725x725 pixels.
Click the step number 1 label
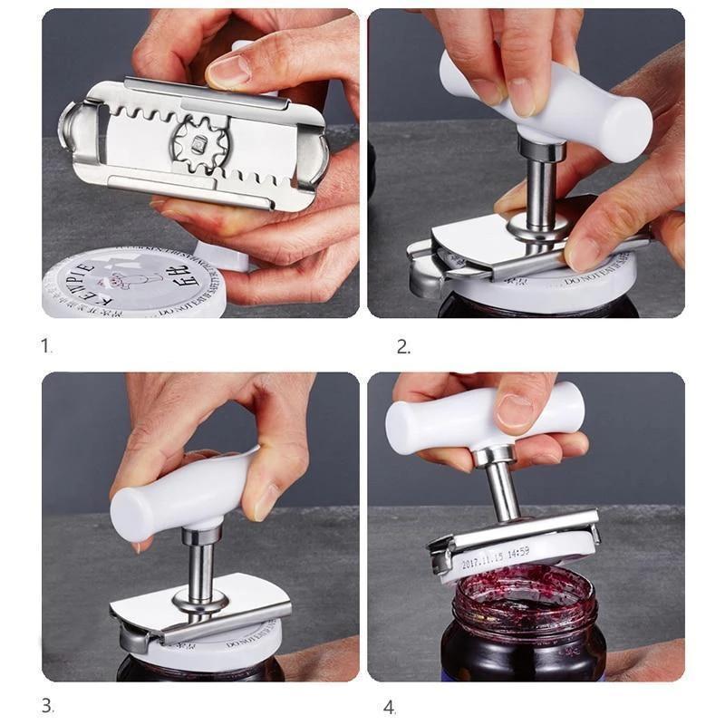[46, 345]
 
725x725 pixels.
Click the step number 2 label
[403, 345]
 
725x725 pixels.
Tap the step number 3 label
[47, 705]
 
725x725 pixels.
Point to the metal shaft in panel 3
[201, 566]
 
